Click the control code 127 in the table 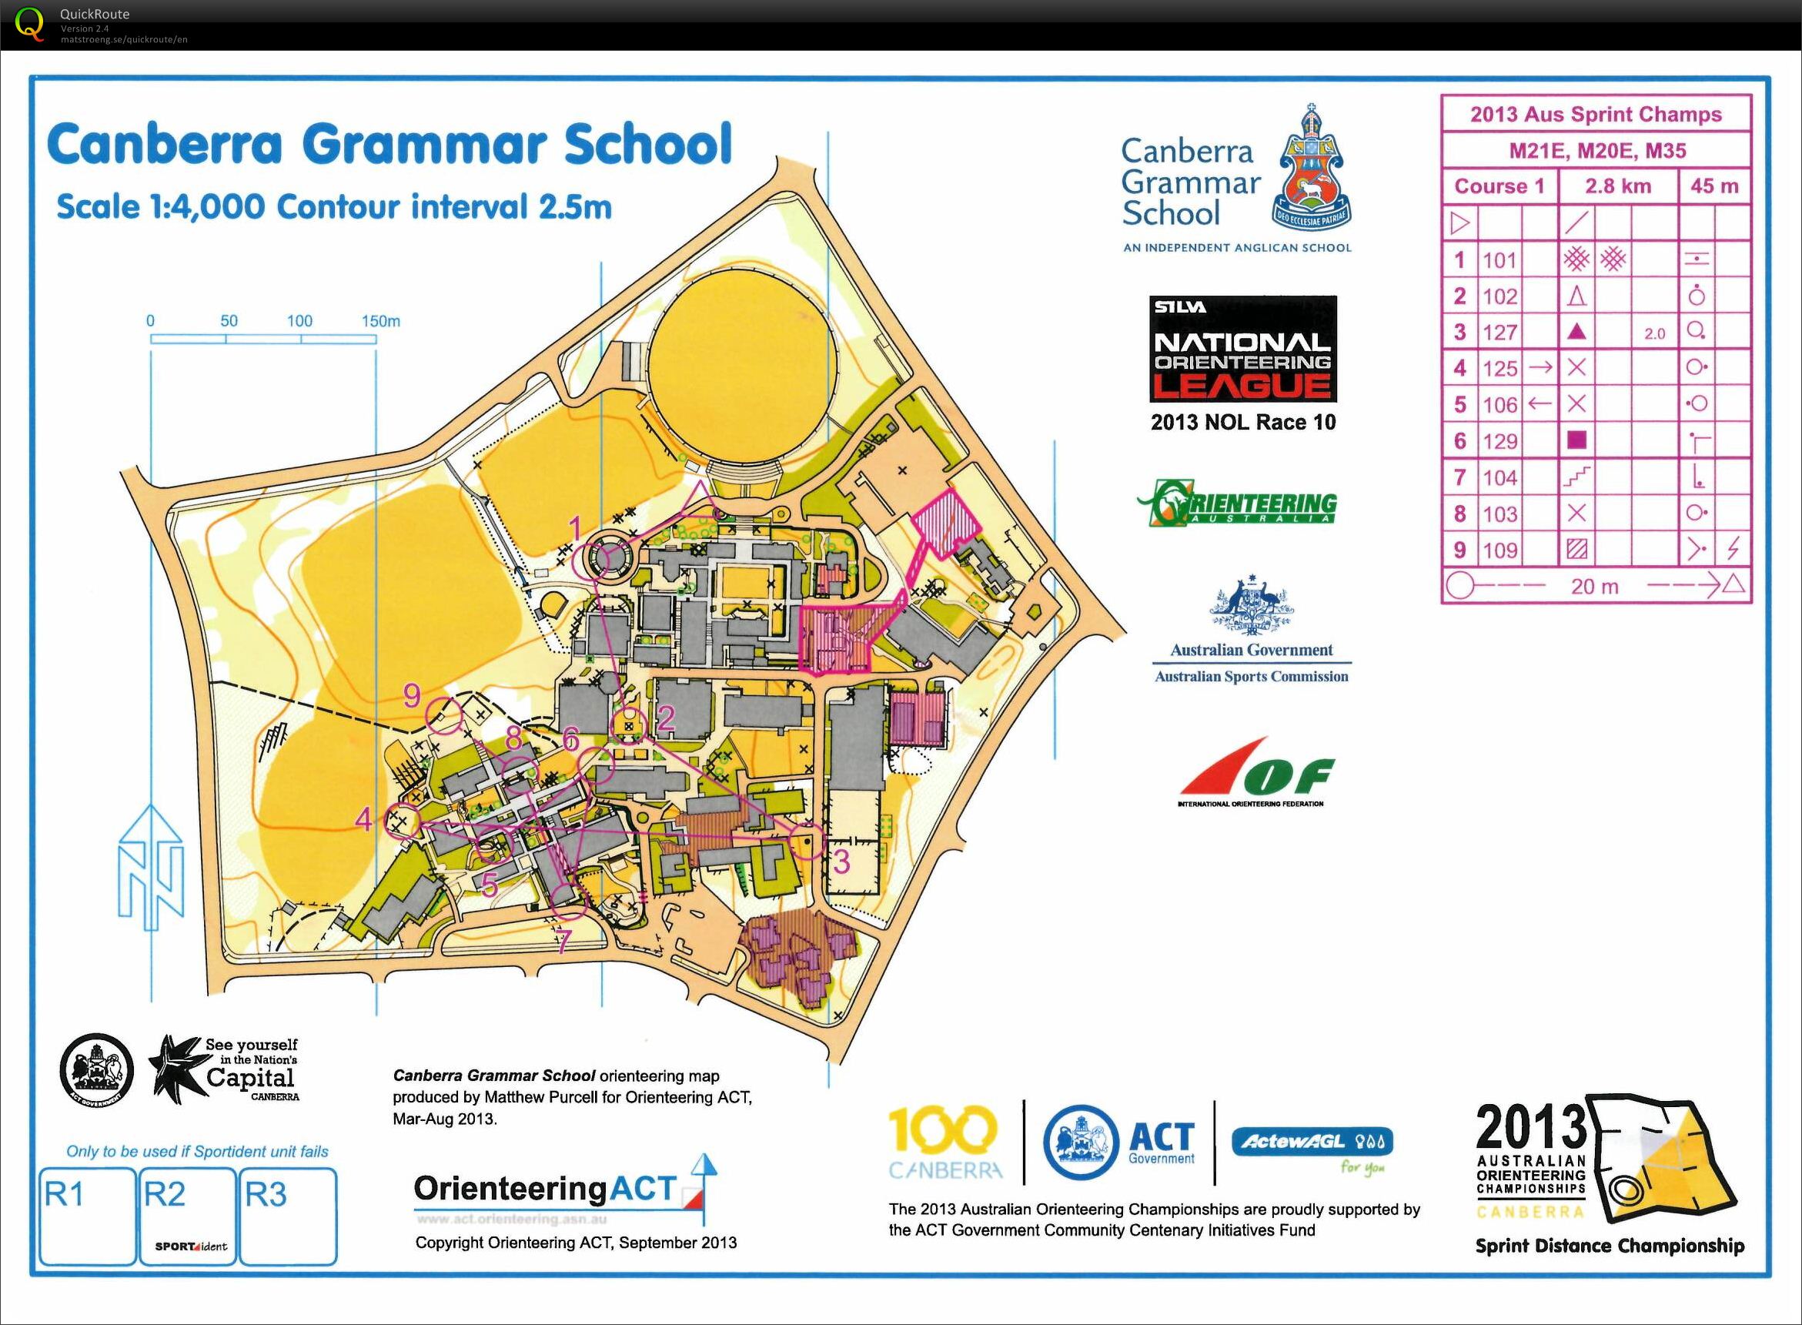point(1499,332)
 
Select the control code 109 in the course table point(1499,550)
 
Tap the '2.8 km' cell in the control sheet point(1617,186)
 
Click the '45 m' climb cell point(1713,186)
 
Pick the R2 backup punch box point(188,1216)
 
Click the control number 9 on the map point(411,694)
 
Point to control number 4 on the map point(363,820)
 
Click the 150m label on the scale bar point(380,322)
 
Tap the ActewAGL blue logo point(1312,1141)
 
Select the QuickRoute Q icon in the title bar point(30,23)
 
